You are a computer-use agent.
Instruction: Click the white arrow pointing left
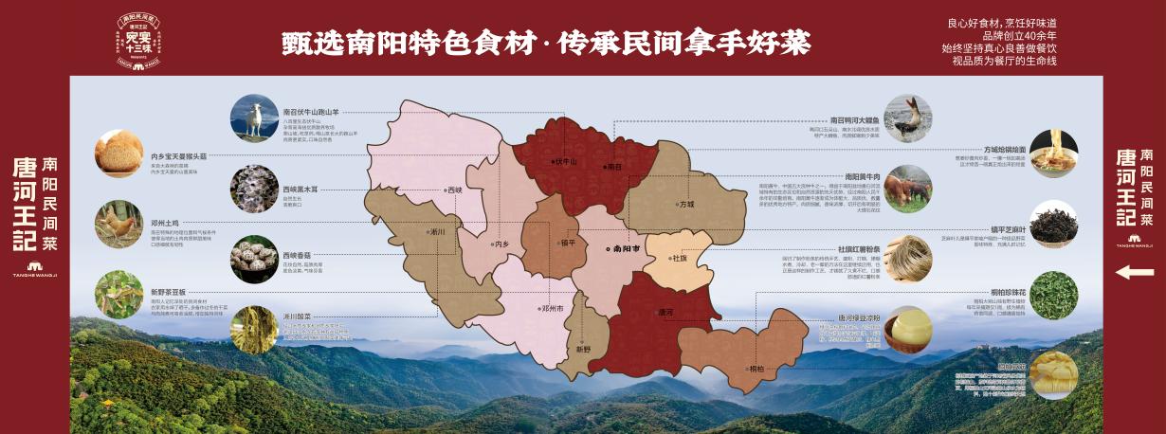pyautogui.click(x=1134, y=273)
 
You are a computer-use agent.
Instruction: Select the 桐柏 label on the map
pyautogui.click(x=756, y=368)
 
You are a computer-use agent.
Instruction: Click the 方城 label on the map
pyautogui.click(x=683, y=203)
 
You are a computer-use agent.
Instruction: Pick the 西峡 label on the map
pyautogui.click(x=453, y=190)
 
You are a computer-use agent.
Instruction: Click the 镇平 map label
pyautogui.click(x=567, y=243)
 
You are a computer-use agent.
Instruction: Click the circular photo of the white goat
pyautogui.click(x=254, y=118)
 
